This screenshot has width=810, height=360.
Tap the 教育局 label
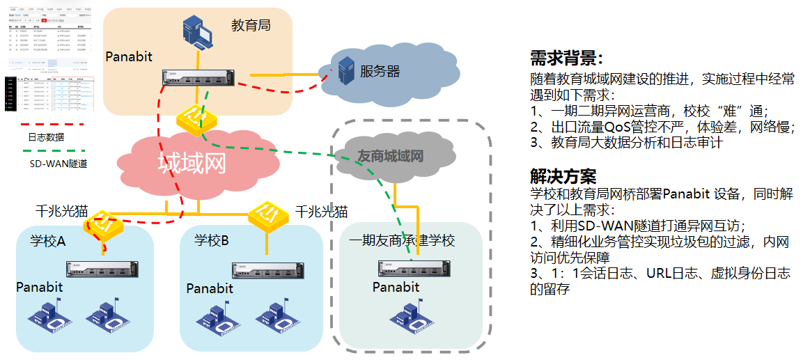coord(251,26)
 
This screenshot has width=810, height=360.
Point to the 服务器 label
coord(380,71)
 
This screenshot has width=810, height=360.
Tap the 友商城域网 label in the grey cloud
coord(390,155)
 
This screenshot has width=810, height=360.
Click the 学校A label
coord(47,241)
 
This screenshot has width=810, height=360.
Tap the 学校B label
coord(211,241)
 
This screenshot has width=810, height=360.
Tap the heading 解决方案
coord(563,176)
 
